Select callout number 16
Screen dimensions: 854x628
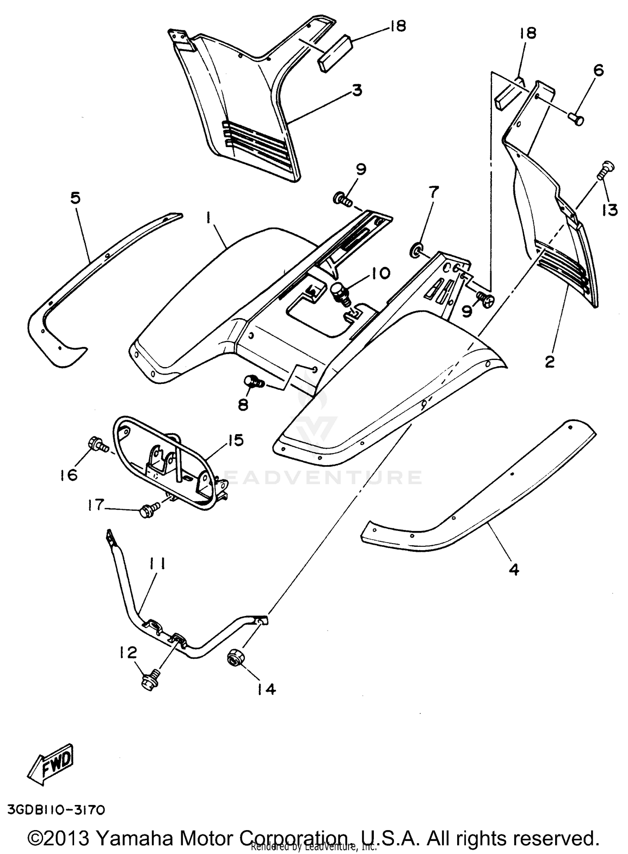(69, 475)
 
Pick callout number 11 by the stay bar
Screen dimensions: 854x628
(156, 565)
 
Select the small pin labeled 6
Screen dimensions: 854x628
(577, 120)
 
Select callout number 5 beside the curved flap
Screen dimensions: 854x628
(75, 198)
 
